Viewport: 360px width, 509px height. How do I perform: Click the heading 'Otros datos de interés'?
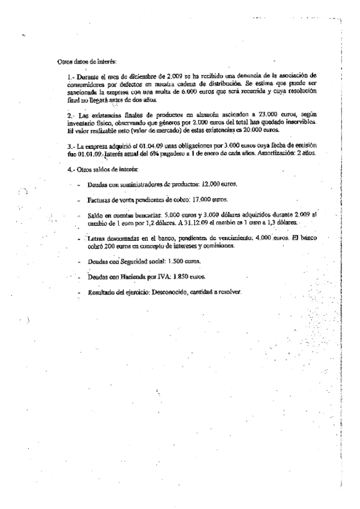click(86, 62)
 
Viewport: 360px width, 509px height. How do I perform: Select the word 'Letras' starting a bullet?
click(97, 239)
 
